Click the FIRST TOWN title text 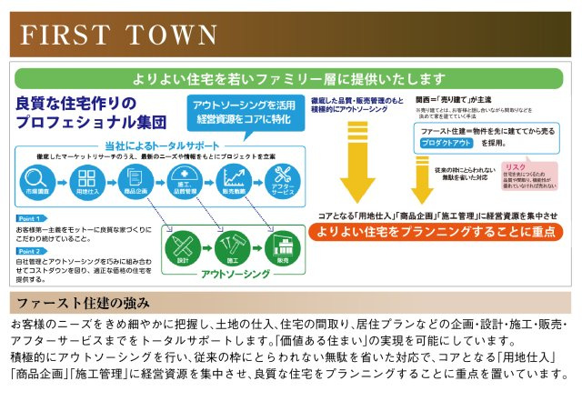(119, 35)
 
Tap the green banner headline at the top (291, 76)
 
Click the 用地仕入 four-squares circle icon (85, 179)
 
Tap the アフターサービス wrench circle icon (282, 179)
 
